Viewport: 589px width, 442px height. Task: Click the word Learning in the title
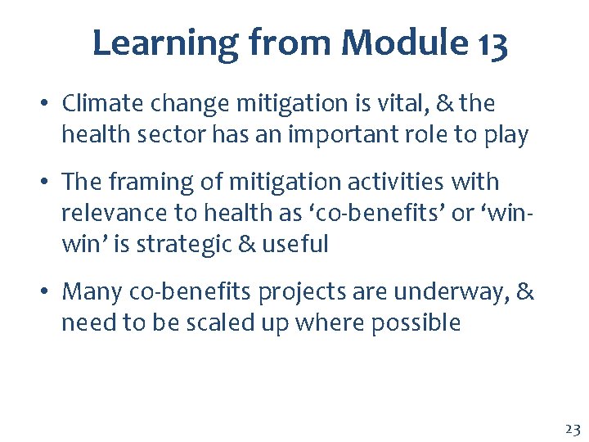tap(162, 43)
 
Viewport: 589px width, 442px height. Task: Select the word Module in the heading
tap(385, 43)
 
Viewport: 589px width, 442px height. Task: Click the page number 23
tap(572, 428)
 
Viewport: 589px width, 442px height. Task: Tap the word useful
tap(294, 243)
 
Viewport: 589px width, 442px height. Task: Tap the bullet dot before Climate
tap(47, 105)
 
